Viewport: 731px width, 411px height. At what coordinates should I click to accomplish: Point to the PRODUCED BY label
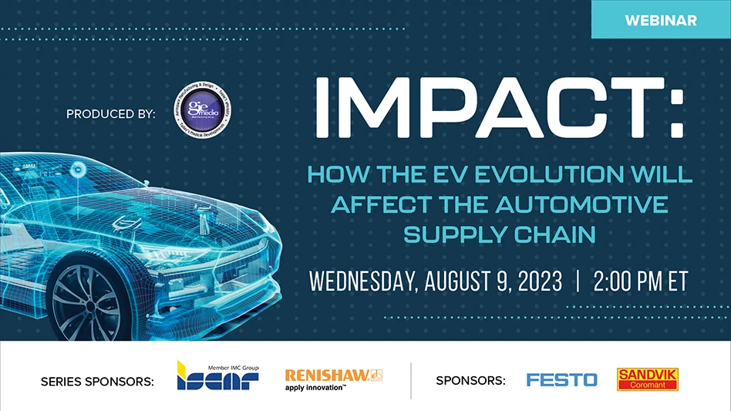click(x=111, y=114)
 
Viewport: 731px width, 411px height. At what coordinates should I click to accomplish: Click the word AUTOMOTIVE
click(x=582, y=205)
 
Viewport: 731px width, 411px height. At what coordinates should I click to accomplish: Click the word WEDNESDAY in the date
click(x=362, y=281)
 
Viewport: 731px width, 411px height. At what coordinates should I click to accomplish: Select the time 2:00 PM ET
click(x=640, y=281)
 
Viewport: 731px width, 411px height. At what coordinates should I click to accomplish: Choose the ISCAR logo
click(x=217, y=376)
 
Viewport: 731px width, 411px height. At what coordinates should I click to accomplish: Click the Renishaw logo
click(x=333, y=377)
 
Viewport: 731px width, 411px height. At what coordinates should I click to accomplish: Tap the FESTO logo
click(x=561, y=379)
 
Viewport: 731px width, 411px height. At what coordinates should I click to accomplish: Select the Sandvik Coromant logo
click(x=648, y=379)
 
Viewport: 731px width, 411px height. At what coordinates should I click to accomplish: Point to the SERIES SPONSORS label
click(x=97, y=380)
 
